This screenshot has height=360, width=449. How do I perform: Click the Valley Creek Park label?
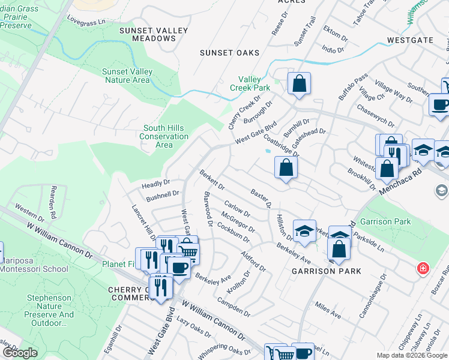[255, 83]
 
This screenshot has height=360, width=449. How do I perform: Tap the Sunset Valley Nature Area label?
[127, 76]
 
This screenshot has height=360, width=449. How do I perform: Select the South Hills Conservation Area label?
[164, 136]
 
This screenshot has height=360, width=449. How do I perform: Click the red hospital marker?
[423, 267]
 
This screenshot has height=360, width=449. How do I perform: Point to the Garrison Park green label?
[387, 221]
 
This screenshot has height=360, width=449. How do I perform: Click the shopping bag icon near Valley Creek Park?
[299, 84]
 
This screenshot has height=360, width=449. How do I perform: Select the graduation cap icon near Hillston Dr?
[304, 230]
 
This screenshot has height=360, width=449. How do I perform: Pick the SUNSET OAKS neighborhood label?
[230, 53]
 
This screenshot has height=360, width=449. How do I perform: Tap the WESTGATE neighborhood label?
[410, 40]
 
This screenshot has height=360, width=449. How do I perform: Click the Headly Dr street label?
[156, 184]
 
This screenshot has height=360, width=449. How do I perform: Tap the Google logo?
[20, 353]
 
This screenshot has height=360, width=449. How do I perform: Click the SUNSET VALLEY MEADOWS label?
[147, 34]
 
